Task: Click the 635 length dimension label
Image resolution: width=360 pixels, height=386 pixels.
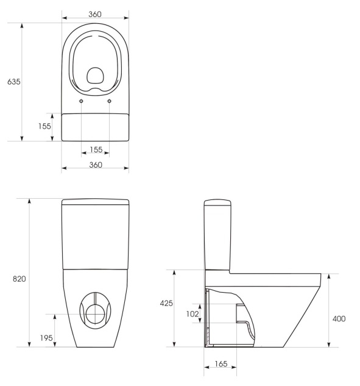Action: click(14, 82)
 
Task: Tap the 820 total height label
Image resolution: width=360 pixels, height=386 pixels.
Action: click(19, 279)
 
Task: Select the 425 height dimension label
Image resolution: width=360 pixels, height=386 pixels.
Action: click(166, 303)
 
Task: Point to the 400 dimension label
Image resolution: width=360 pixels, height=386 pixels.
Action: click(339, 319)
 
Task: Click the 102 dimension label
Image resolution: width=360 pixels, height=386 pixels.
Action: click(192, 314)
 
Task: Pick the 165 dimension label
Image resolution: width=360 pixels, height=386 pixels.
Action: click(221, 363)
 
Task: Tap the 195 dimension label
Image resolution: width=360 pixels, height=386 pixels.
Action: click(46, 338)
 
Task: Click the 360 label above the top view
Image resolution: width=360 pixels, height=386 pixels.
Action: click(95, 14)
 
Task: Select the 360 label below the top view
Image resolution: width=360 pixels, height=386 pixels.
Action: click(96, 165)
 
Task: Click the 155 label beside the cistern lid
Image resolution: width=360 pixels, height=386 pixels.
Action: click(44, 126)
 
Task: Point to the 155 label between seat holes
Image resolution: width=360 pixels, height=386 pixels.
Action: click(96, 149)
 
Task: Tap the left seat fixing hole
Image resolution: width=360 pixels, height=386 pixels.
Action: click(81, 101)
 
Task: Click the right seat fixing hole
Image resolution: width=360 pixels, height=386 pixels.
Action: click(110, 101)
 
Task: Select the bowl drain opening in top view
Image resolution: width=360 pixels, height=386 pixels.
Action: click(96, 75)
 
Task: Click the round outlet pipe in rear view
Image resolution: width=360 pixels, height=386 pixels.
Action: click(96, 314)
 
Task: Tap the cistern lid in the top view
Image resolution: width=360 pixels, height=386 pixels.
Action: click(95, 127)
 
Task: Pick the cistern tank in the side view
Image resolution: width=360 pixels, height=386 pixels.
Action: click(217, 235)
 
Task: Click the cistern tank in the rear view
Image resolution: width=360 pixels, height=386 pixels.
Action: click(96, 234)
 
